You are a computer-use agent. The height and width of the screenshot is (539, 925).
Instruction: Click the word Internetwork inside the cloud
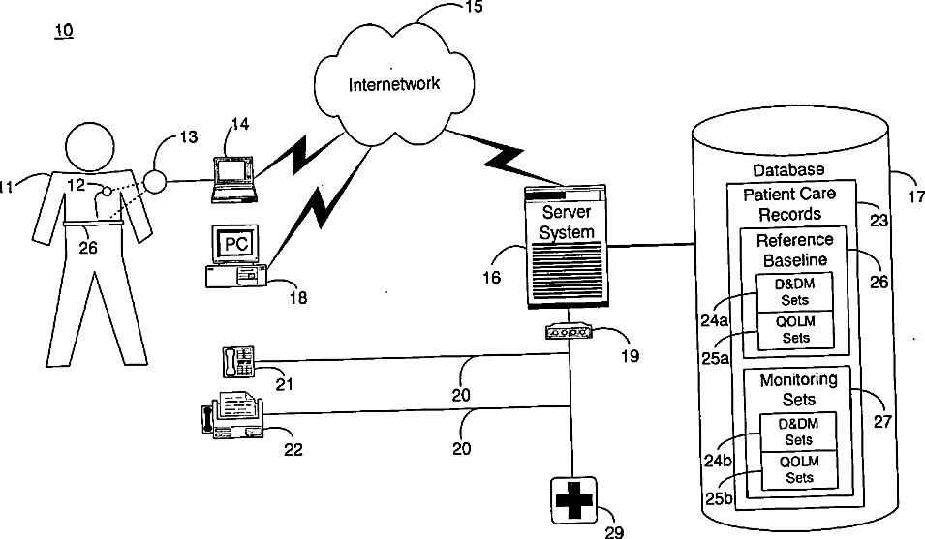coord(393,84)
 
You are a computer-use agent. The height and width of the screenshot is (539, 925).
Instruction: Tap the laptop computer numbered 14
coord(234,180)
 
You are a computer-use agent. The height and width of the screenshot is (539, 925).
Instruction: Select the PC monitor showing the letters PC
coord(235,243)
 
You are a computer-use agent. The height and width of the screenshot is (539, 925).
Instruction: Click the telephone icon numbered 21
coord(238,362)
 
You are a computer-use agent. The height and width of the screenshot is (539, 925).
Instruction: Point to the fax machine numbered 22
coord(232,416)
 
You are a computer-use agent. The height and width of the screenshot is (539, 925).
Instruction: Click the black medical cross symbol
coord(574,500)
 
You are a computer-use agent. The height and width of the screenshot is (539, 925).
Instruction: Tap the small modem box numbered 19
coord(569,332)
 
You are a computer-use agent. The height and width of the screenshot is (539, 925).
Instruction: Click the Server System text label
coord(567,222)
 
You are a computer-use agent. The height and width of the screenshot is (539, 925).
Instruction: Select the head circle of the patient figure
coord(89,147)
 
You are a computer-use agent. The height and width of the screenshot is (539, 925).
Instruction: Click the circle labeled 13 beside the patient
coord(155,181)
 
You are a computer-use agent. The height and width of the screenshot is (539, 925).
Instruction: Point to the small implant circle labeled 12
coord(107,191)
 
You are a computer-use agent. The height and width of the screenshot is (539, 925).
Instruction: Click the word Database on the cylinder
coord(788,170)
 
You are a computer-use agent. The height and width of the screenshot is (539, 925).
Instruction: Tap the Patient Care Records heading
coord(789,203)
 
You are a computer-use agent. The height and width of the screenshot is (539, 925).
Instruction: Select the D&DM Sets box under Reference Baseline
coord(794,292)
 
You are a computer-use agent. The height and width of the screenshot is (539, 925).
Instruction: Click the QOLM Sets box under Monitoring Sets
coord(799,469)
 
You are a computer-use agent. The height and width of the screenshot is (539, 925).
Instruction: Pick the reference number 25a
coord(715,358)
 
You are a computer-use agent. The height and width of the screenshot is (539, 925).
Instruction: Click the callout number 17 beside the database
coord(916,196)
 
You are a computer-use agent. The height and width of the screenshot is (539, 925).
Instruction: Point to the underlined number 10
coord(64,30)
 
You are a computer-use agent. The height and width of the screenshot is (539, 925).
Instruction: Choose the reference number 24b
coord(718,460)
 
